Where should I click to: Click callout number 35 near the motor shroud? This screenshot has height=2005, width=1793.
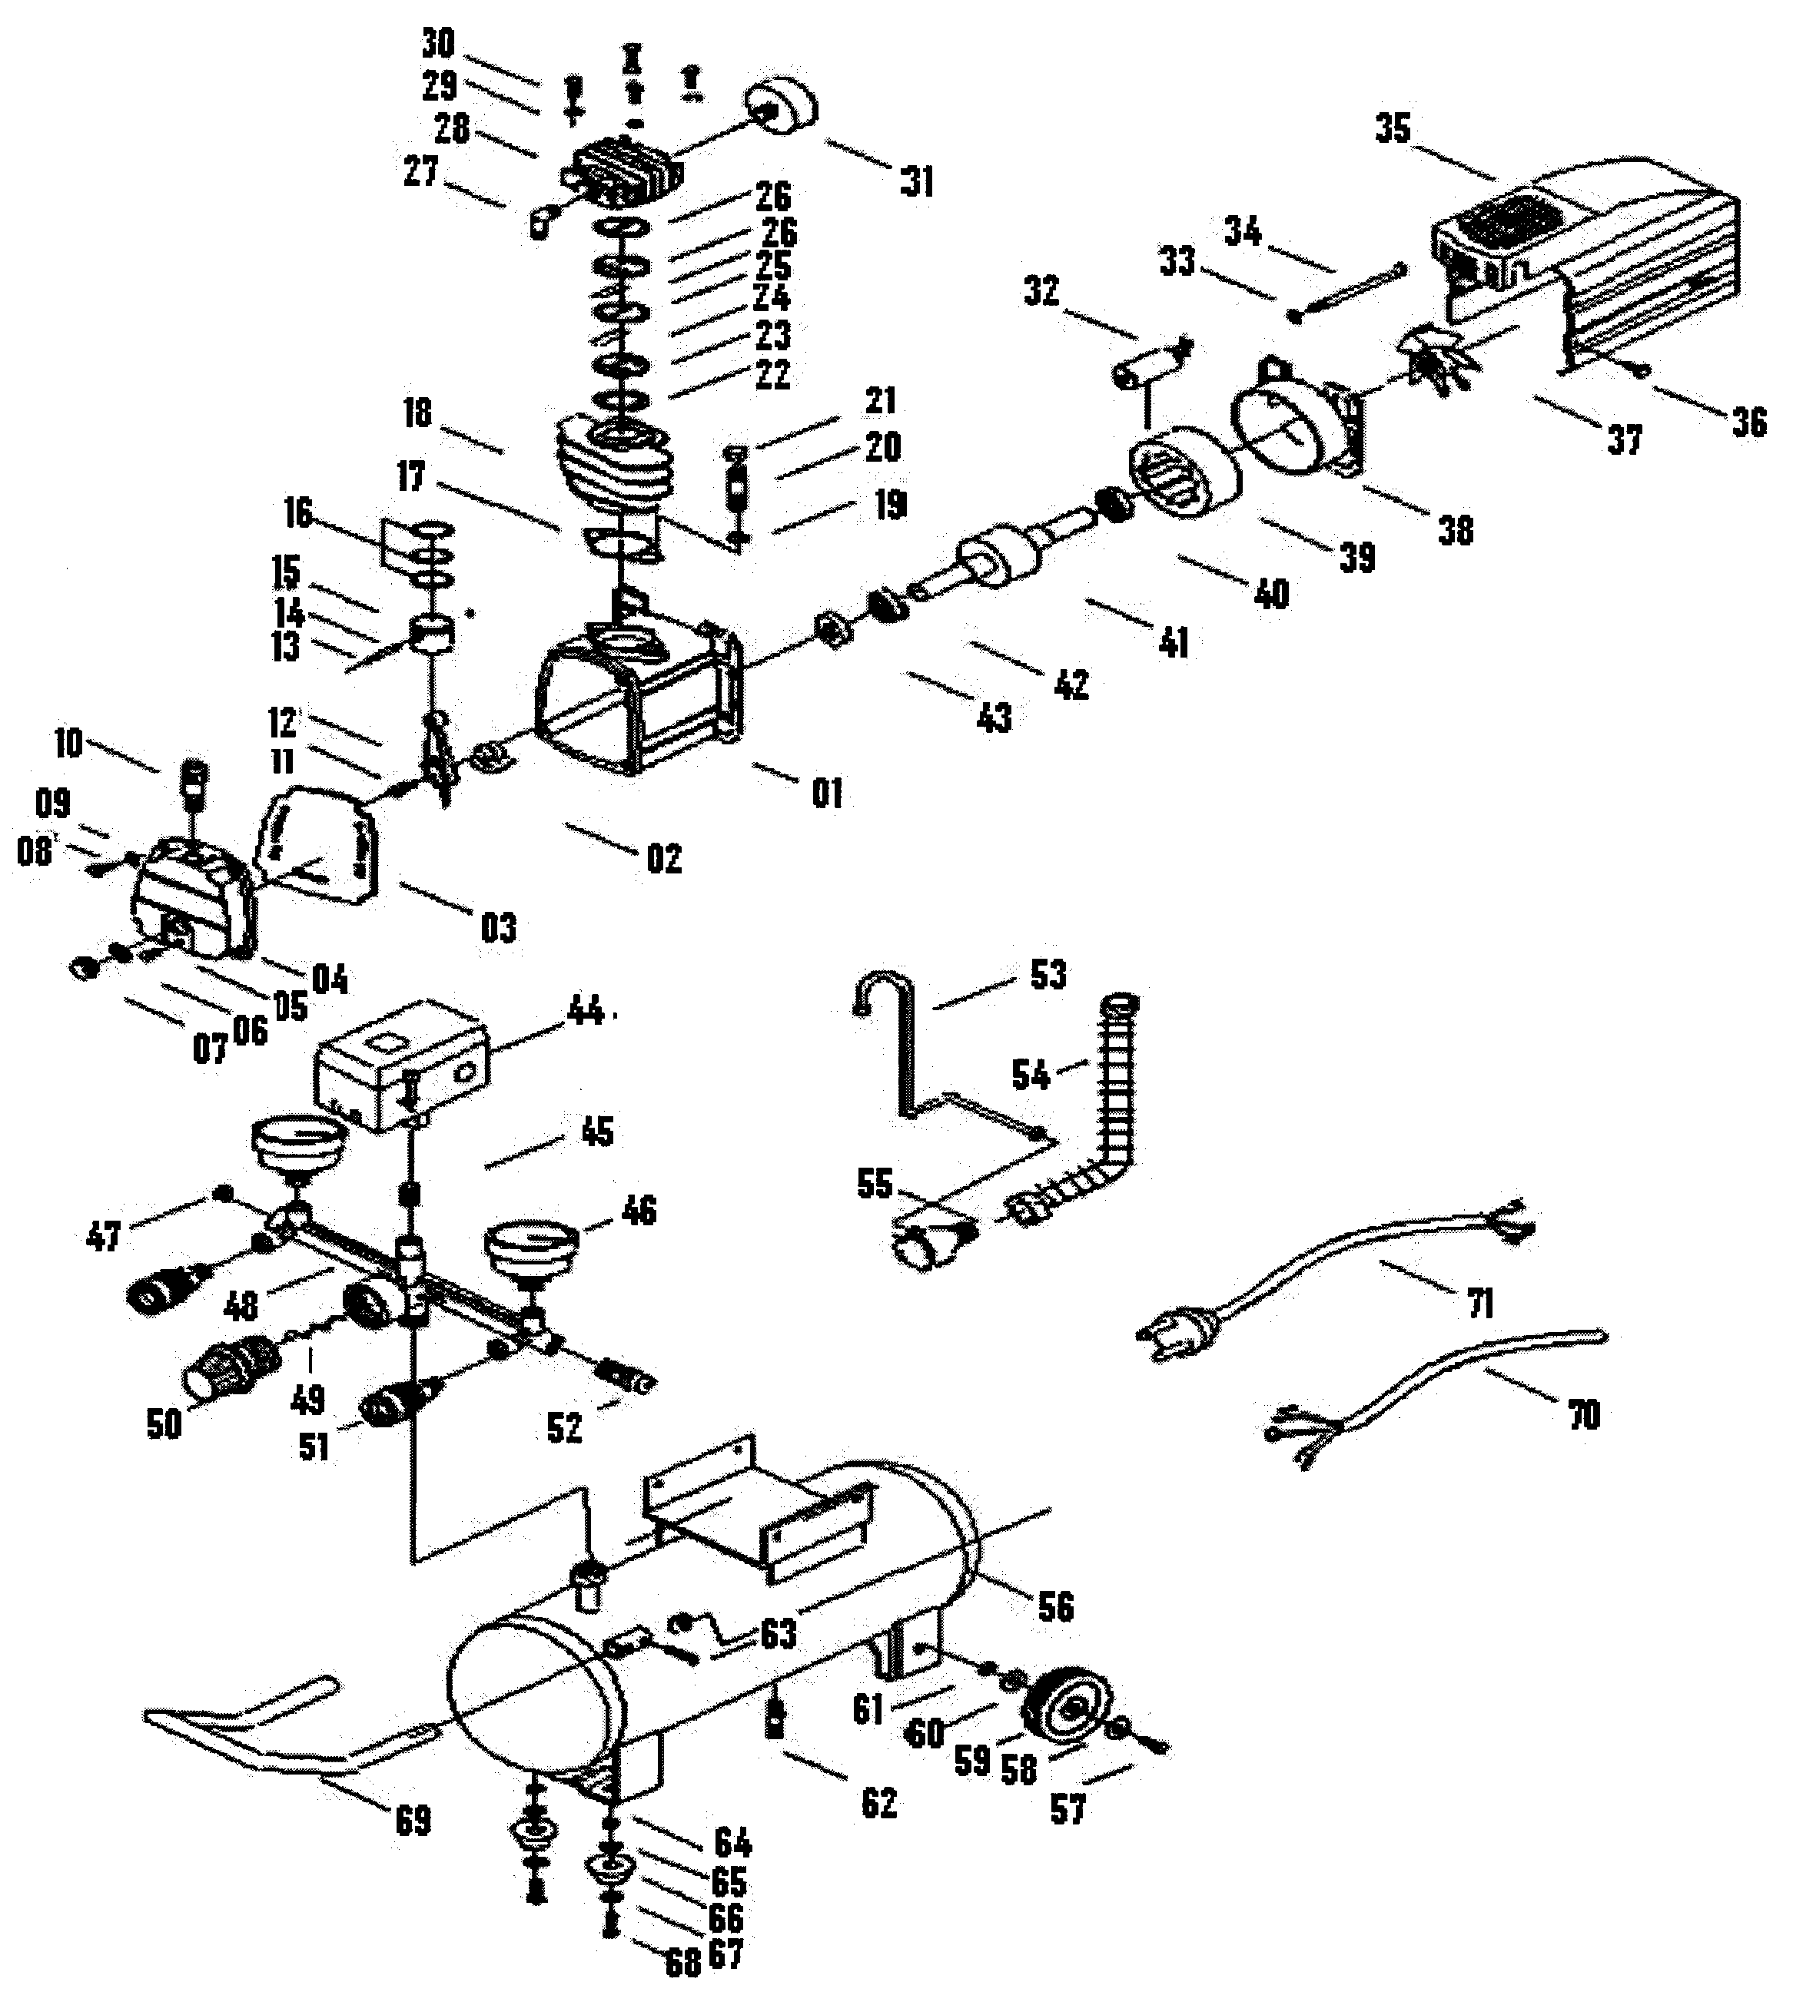pos(1392,128)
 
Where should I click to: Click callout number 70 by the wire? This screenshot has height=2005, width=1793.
pos(1583,1415)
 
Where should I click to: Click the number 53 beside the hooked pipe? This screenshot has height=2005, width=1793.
pos(1048,975)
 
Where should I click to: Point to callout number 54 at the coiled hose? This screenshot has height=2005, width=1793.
pos(1031,1075)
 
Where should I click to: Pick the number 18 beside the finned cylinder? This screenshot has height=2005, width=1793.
pos(418,413)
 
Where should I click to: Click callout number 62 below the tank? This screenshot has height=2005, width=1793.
pos(878,1803)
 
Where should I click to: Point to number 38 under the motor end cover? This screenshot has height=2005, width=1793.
pos(1455,531)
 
